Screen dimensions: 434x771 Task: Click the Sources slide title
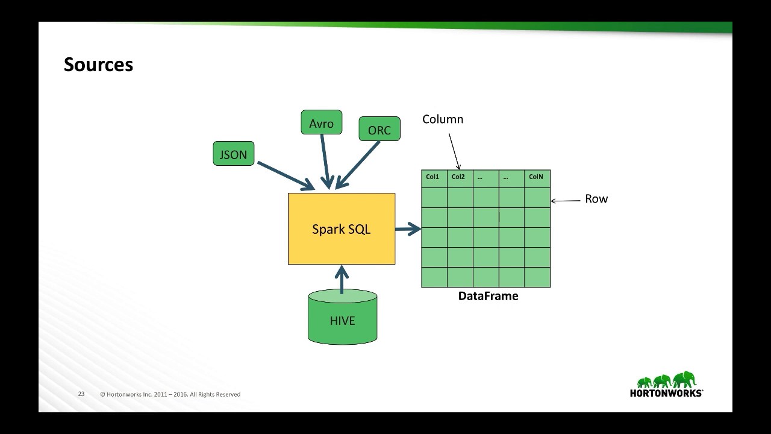click(x=98, y=64)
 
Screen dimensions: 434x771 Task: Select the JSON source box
click(x=234, y=154)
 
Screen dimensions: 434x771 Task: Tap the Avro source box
click(x=321, y=122)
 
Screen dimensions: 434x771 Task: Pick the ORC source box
click(x=379, y=129)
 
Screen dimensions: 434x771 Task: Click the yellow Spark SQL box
click(x=342, y=229)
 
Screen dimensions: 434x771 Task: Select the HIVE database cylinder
click(x=343, y=318)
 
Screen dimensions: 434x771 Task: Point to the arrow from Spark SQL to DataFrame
click(x=408, y=228)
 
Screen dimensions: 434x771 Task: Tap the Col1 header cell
click(x=434, y=178)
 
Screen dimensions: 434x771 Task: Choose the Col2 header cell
click(x=459, y=178)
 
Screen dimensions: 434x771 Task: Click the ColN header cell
click(x=537, y=178)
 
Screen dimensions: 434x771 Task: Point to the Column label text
click(x=443, y=119)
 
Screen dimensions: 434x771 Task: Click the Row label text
click(x=596, y=199)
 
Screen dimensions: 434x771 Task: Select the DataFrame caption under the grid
click(x=488, y=296)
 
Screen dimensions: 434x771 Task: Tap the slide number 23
click(x=81, y=394)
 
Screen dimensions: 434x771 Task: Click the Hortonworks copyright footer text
click(x=170, y=394)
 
